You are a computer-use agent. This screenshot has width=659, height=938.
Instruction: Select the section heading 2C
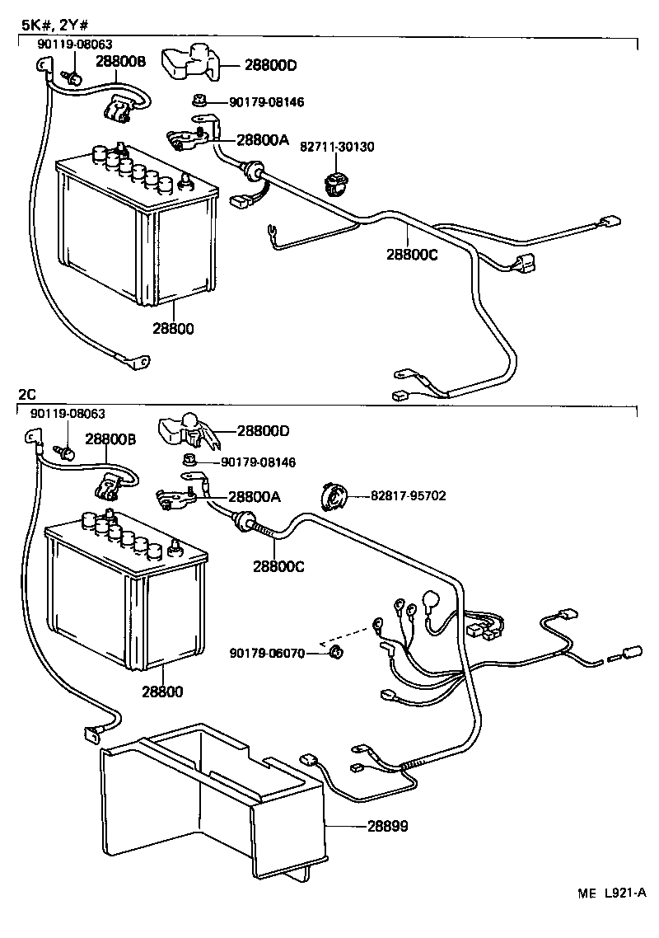(x=27, y=394)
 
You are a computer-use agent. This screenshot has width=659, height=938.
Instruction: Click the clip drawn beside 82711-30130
(x=334, y=183)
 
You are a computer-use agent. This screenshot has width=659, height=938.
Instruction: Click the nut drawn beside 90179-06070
(x=334, y=654)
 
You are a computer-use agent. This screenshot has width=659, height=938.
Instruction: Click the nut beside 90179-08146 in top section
(x=199, y=101)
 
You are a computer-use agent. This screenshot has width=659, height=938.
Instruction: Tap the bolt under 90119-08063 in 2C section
(x=65, y=453)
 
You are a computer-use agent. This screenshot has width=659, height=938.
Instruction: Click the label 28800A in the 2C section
(x=254, y=497)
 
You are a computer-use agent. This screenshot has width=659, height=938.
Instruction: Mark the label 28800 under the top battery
(x=173, y=328)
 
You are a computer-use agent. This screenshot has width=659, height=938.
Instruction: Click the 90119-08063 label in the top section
(x=75, y=44)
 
